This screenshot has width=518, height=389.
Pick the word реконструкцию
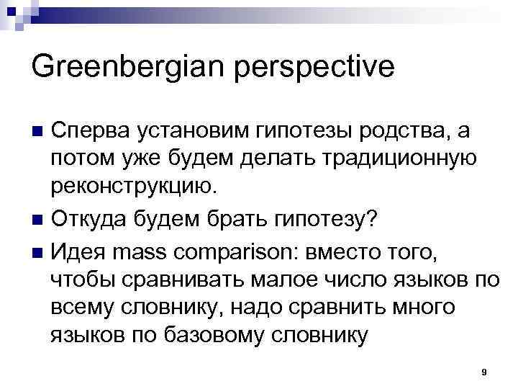132,187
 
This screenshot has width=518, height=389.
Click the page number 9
484,372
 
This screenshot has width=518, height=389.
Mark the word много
419,308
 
